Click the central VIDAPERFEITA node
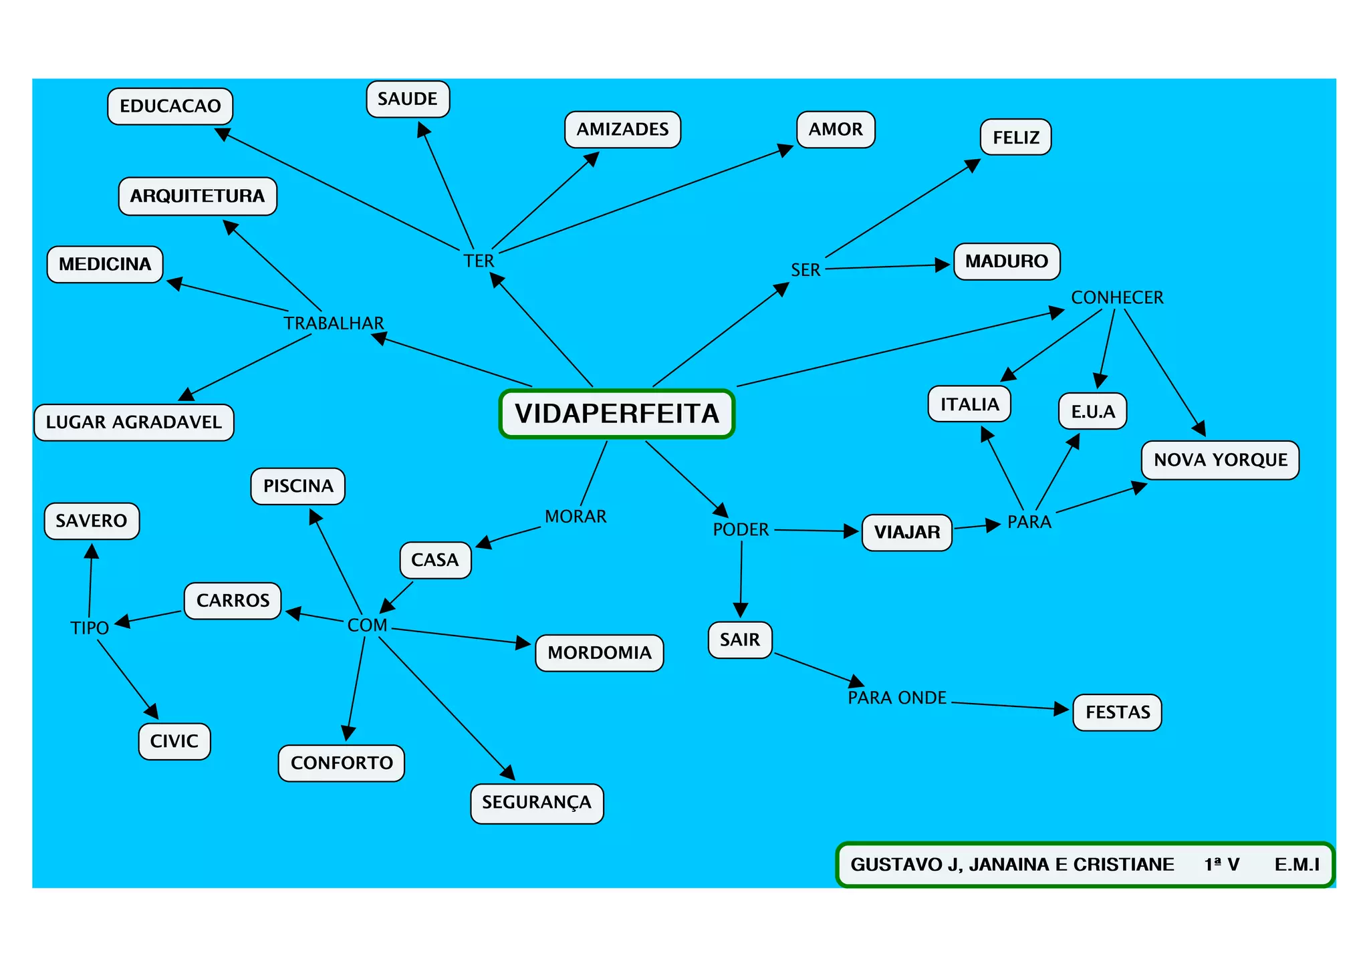point(616,414)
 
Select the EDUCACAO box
point(170,106)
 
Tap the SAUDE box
point(407,99)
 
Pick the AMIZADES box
point(622,130)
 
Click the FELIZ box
point(1015,138)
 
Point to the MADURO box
point(1006,261)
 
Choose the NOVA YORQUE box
point(1220,460)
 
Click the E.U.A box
point(1092,411)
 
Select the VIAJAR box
point(906,533)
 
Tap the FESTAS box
point(1117,712)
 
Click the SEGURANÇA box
point(537,803)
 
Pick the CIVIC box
point(174,741)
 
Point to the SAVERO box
point(92,521)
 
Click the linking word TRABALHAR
point(334,323)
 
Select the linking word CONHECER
point(1117,297)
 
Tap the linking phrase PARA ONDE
point(897,698)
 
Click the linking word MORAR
point(576,517)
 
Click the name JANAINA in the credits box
point(1009,865)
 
